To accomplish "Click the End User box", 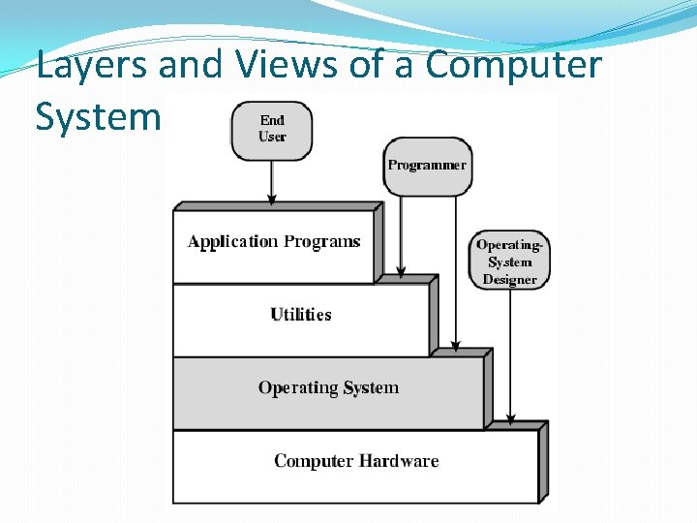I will click(272, 129).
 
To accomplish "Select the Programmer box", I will click(427, 166).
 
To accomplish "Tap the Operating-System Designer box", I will click(510, 261).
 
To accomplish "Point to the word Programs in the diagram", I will click(321, 242).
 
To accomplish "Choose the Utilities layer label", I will click(301, 315).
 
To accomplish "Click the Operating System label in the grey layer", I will click(328, 387).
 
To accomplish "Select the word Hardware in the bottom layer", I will click(400, 461).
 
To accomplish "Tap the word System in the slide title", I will click(97, 117).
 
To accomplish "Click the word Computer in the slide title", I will click(513, 67).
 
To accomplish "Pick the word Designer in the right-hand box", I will click(510, 279).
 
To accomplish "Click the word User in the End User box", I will click(272, 137).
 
